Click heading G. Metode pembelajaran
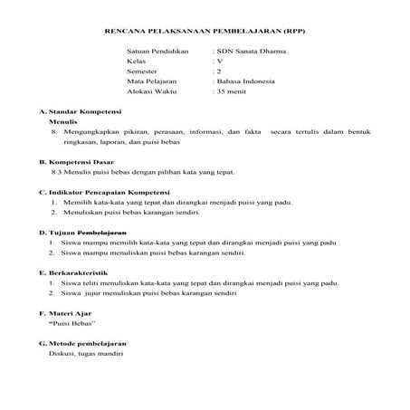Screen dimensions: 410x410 point(82,344)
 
